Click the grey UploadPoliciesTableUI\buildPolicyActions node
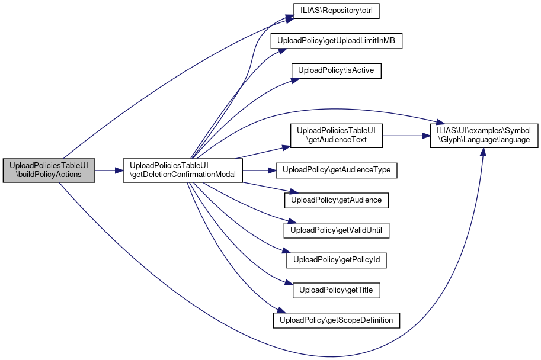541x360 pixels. click(x=49, y=171)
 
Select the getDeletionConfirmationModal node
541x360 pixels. click(x=183, y=171)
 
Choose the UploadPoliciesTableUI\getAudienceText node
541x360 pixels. click(x=336, y=136)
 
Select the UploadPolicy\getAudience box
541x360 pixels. click(x=336, y=201)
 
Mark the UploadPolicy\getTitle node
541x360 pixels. click(x=336, y=291)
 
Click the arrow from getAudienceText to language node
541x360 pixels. click(x=403, y=136)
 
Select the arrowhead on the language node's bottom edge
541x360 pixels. click(x=484, y=151)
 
